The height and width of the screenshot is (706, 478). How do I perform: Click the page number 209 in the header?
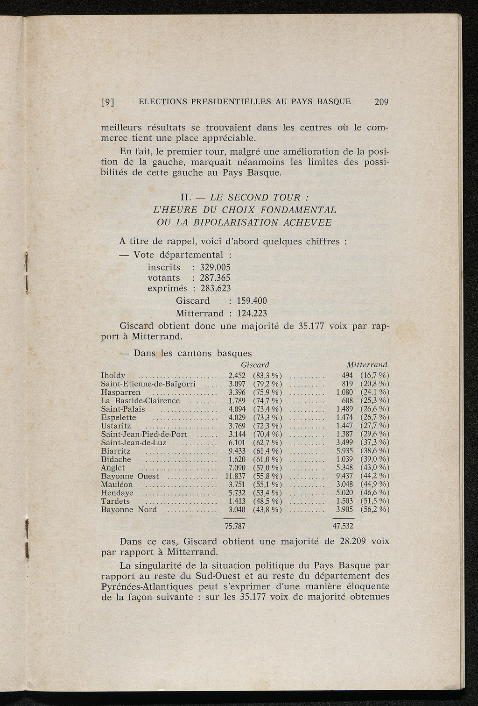(381, 102)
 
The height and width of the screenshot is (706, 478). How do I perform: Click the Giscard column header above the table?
(255, 364)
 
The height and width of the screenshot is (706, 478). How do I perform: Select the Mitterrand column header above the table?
(367, 364)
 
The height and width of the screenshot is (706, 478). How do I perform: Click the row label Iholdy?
(113, 376)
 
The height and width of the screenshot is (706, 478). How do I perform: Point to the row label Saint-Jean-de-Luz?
(134, 443)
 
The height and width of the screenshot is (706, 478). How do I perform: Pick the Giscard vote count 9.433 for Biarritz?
(237, 451)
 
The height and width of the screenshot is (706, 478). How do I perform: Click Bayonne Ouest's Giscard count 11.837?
(235, 477)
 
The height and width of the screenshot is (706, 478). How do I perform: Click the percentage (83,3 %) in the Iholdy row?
(267, 376)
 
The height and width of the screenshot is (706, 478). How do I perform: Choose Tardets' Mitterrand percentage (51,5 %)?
(375, 502)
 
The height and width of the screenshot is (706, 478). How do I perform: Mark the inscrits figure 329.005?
(215, 267)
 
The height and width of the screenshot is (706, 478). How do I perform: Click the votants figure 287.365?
(215, 278)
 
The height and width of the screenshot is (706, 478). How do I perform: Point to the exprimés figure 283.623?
(215, 289)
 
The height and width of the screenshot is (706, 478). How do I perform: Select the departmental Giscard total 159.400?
(252, 301)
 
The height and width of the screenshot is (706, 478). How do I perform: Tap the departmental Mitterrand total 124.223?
(252, 313)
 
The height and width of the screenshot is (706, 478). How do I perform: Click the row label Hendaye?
(117, 493)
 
